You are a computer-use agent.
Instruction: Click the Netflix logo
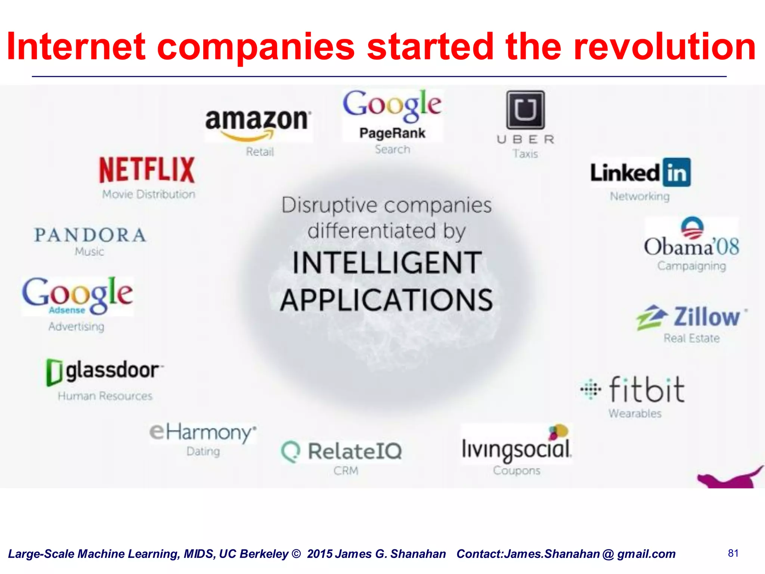click(x=147, y=170)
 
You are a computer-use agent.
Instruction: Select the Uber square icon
click(x=525, y=110)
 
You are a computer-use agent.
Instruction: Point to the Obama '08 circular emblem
click(x=692, y=228)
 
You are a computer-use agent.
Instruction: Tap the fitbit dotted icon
click(x=591, y=389)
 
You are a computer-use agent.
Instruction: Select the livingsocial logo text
click(x=516, y=448)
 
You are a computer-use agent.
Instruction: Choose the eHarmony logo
click(x=203, y=432)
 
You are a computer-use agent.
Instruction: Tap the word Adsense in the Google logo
click(x=67, y=310)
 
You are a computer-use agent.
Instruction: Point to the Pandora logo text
click(x=90, y=235)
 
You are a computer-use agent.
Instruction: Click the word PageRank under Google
click(x=392, y=133)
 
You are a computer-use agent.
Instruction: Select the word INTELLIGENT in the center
click(x=387, y=263)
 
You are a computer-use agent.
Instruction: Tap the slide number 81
click(x=733, y=553)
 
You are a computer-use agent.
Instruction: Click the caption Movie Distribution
click(x=149, y=194)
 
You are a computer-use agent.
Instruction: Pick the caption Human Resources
click(x=105, y=396)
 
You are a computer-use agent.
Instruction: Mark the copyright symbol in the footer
click(x=296, y=554)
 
